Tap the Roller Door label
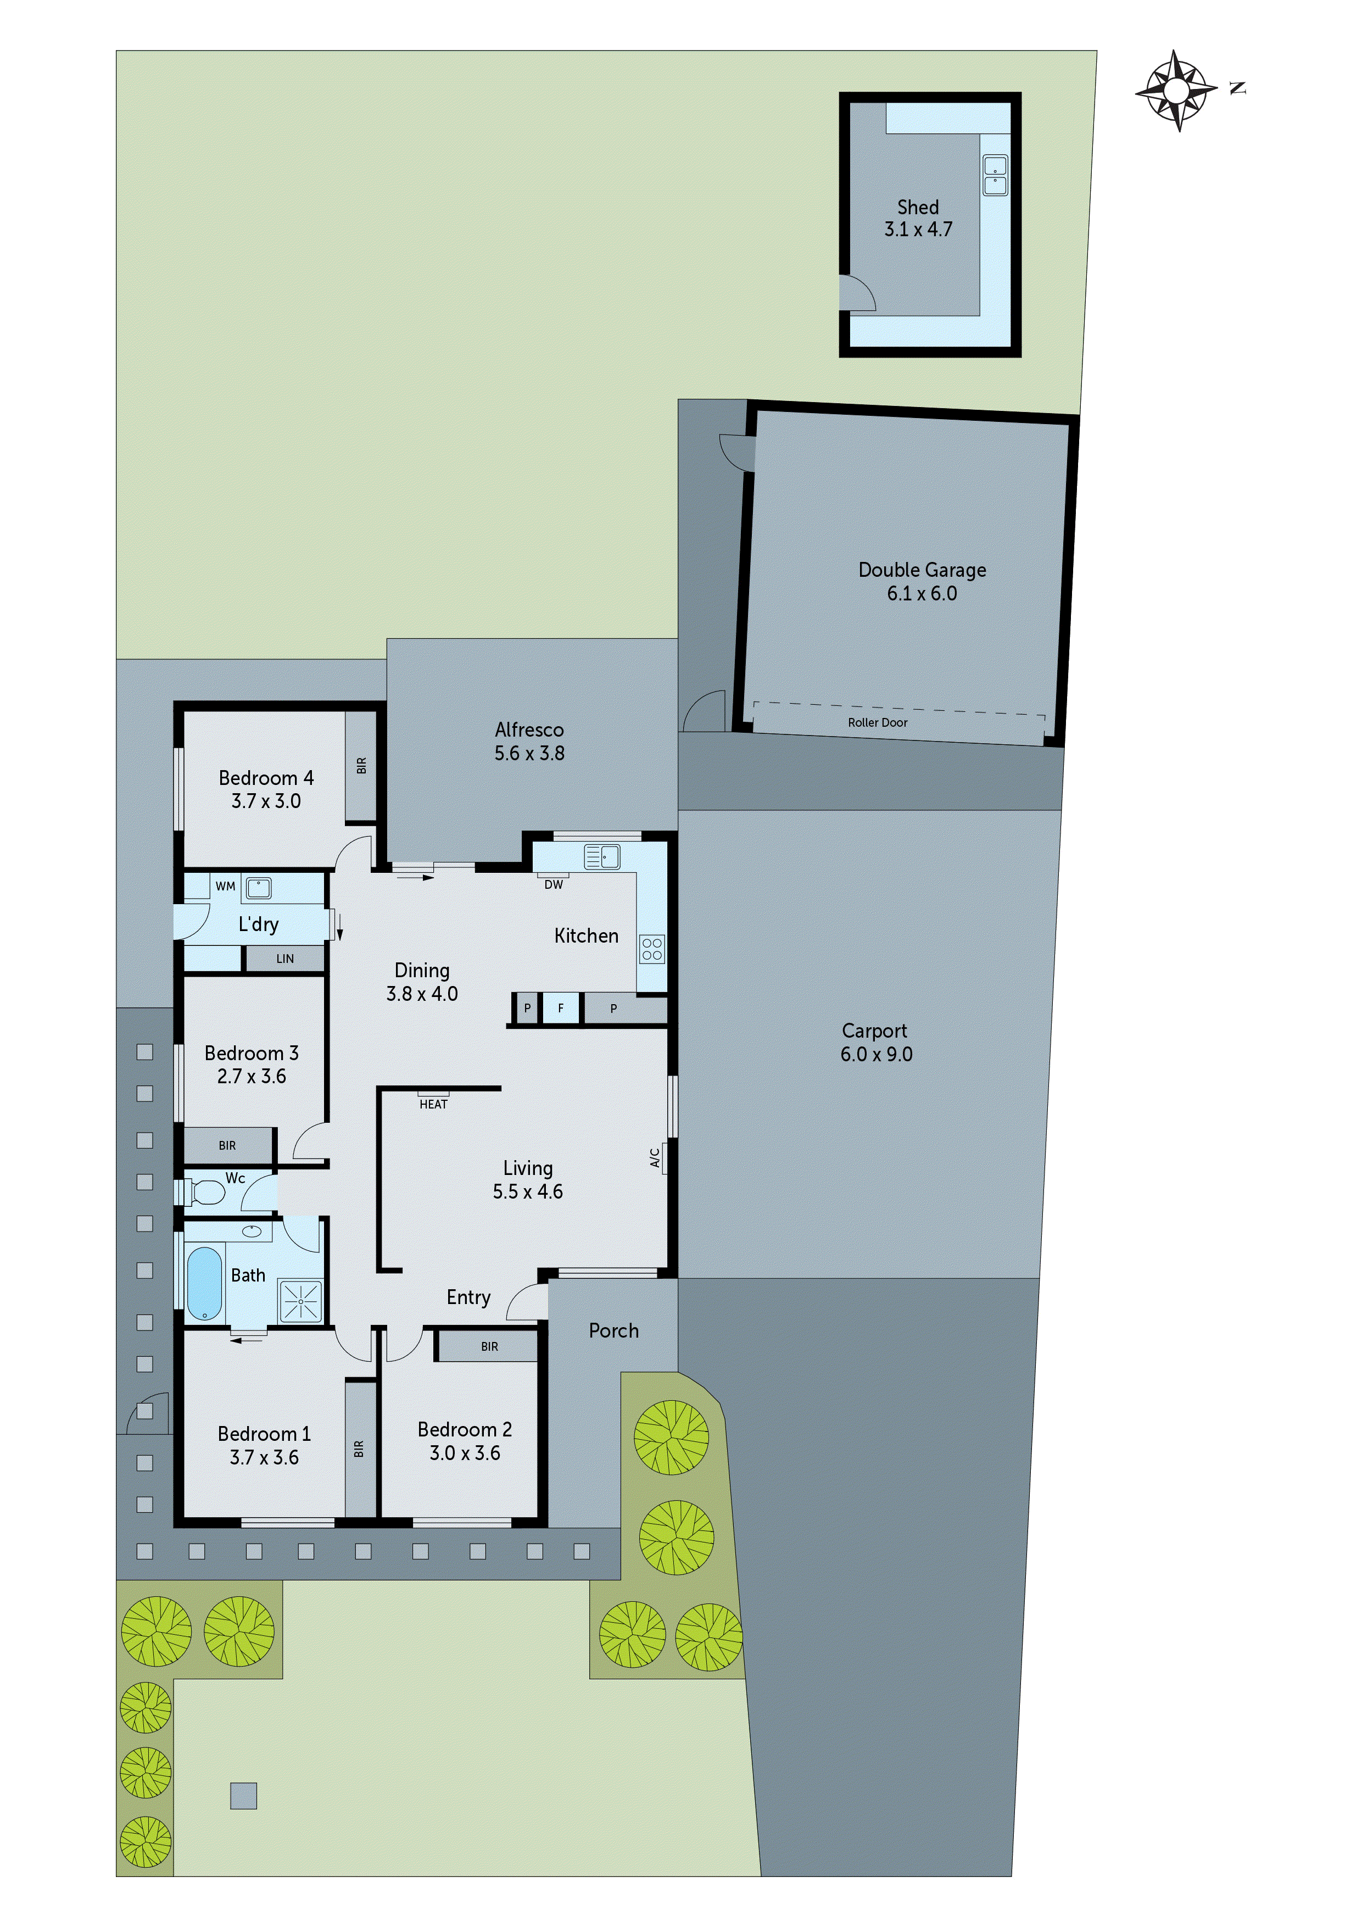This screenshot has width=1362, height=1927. point(877,723)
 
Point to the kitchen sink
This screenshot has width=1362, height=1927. point(602,857)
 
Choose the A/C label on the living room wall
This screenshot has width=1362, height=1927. point(655,1158)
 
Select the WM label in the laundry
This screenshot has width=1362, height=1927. point(225,886)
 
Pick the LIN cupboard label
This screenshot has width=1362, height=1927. point(286,959)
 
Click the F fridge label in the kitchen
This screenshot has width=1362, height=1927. point(561,1008)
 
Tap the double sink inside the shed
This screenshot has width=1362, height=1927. point(995,175)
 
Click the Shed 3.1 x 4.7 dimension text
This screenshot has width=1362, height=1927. point(918,229)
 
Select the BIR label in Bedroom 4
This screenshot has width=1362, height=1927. point(362,765)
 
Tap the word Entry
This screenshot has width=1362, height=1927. point(468,1297)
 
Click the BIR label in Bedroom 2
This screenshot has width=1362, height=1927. point(489,1347)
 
